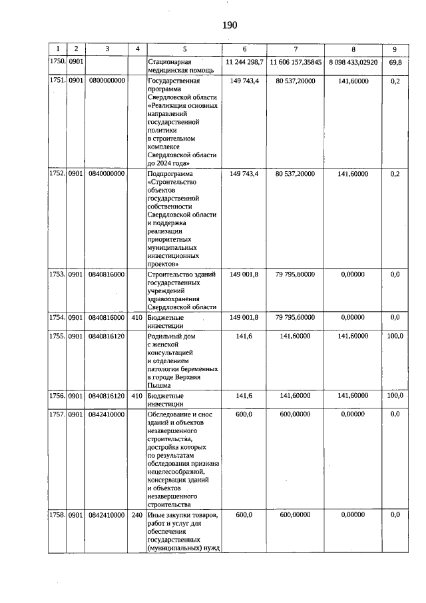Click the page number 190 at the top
[x=228, y=25]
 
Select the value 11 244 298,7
[x=245, y=61]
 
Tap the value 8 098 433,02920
[x=353, y=61]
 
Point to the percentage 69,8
[x=395, y=61]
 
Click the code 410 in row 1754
[x=136, y=318]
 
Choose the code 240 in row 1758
[x=136, y=515]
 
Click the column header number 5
[x=185, y=49]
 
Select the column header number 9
[x=395, y=49]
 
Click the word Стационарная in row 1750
[x=169, y=61]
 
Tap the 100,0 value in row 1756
[x=395, y=395]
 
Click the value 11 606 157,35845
[x=296, y=61]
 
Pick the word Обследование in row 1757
[x=170, y=414]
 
